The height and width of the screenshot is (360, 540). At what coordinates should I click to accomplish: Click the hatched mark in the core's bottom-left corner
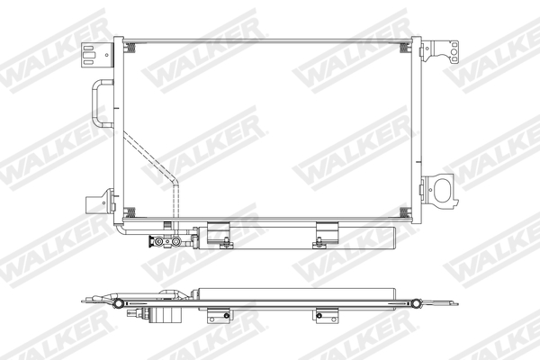[x=129, y=212]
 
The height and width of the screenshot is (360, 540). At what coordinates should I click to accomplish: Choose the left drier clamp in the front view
[x=219, y=234]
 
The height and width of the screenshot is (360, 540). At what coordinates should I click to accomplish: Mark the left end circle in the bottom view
[x=119, y=303]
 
